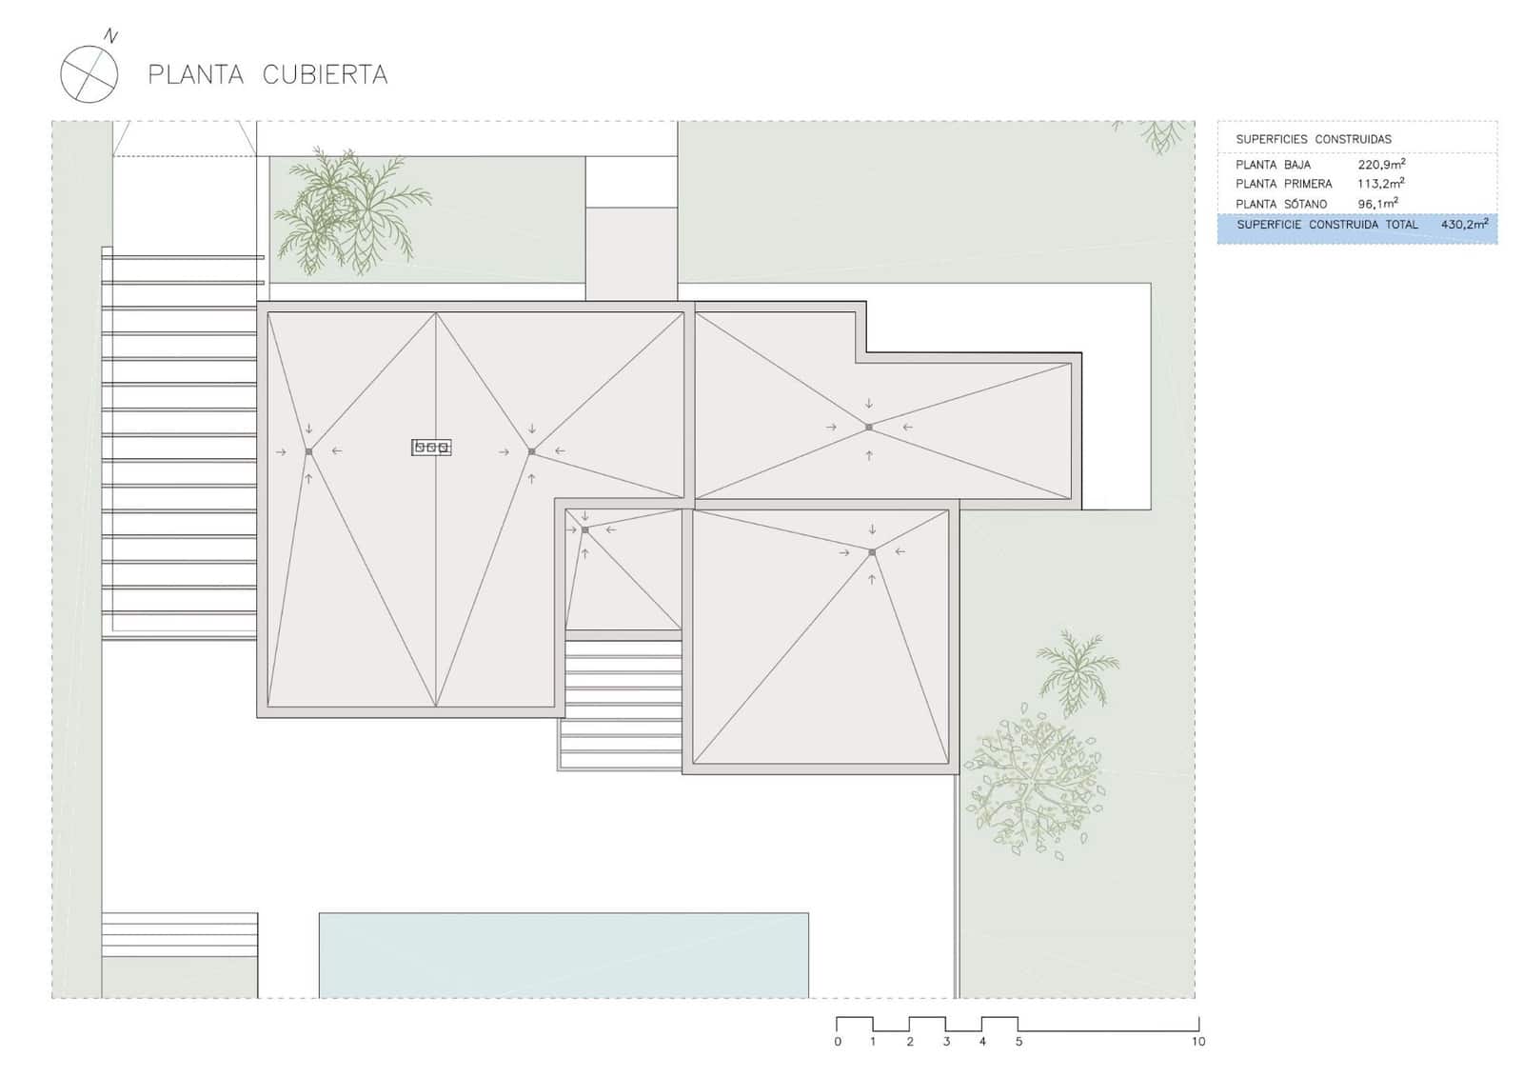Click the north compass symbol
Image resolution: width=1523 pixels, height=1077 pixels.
coord(89,72)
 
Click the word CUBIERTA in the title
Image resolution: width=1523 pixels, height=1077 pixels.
coord(325,75)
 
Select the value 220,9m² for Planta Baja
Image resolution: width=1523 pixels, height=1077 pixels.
coord(1381,165)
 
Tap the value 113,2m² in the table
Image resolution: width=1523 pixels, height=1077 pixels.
coord(1381,184)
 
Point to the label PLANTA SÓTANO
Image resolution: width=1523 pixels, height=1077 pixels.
coord(1280,204)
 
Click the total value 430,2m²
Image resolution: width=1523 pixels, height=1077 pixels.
coord(1464,225)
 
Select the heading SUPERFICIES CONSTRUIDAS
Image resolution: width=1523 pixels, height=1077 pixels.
coord(1313,139)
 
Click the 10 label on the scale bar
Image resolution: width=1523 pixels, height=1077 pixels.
coord(1197,1042)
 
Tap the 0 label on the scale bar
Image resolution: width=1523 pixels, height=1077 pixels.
coord(838,1042)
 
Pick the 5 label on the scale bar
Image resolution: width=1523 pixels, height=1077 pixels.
coord(1019,1042)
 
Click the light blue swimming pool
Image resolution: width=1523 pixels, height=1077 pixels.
coord(564,955)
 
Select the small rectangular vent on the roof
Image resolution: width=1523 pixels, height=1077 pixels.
coord(431,447)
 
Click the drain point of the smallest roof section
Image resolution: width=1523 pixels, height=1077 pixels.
coord(584,530)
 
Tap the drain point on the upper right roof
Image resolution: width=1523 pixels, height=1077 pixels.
coord(869,428)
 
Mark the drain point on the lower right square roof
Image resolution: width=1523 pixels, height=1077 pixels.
coord(872,552)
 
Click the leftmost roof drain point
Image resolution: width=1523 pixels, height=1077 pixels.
coord(308,451)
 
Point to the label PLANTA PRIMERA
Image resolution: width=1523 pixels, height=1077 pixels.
coord(1283,184)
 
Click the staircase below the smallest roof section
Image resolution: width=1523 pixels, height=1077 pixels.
coord(623,700)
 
